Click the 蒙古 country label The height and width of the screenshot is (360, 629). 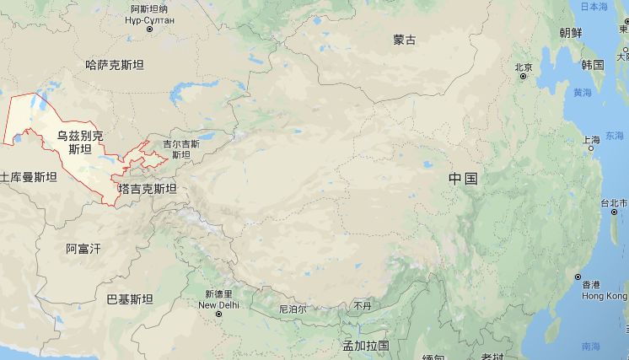(404, 40)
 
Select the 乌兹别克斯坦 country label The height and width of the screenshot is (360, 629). (79, 142)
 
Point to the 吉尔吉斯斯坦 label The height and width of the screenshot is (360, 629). (181, 149)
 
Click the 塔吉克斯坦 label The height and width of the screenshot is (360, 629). (148, 189)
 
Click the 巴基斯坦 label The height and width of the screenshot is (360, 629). (130, 299)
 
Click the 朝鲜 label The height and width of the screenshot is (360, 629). (570, 33)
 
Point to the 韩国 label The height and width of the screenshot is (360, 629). (592, 65)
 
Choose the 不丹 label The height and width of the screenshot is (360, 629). (362, 305)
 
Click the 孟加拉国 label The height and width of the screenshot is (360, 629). (365, 346)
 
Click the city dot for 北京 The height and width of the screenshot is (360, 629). (523, 78)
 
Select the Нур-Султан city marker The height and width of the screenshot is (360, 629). (149, 30)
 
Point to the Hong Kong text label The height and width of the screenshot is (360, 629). (605, 296)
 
